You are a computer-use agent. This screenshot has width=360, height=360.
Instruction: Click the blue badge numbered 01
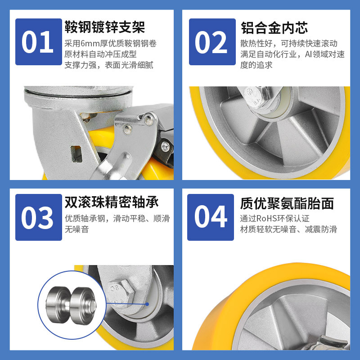pos(39,42)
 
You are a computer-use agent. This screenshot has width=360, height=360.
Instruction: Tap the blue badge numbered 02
pos(212,42)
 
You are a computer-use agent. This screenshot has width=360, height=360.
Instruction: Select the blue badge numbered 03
pos(39,217)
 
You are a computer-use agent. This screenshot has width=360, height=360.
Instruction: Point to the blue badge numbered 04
pos(211,217)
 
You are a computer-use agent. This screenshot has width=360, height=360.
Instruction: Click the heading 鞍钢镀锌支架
pos(105,27)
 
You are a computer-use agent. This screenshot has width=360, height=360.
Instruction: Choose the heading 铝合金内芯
pos(274,28)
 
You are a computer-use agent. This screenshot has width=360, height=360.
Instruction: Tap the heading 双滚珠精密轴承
pos(112,202)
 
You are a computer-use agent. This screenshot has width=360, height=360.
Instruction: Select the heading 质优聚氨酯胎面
pos(287,203)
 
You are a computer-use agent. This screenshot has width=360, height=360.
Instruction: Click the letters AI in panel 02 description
pos(308,54)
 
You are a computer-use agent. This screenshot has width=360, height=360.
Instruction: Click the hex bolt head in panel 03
pos(119,292)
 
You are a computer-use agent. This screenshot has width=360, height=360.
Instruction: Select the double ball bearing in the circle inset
pos(72,306)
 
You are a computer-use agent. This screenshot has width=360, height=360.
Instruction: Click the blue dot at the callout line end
pos(147,304)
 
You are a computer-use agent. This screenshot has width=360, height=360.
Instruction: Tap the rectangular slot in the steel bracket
pos(76,154)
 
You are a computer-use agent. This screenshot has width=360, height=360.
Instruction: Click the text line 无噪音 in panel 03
pos(76,229)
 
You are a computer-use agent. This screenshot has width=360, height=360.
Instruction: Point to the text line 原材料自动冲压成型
pos(100,54)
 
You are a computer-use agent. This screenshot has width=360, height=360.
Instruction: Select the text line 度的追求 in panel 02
pos(256,65)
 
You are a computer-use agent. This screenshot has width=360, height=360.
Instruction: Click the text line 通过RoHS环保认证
pos(275,219)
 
